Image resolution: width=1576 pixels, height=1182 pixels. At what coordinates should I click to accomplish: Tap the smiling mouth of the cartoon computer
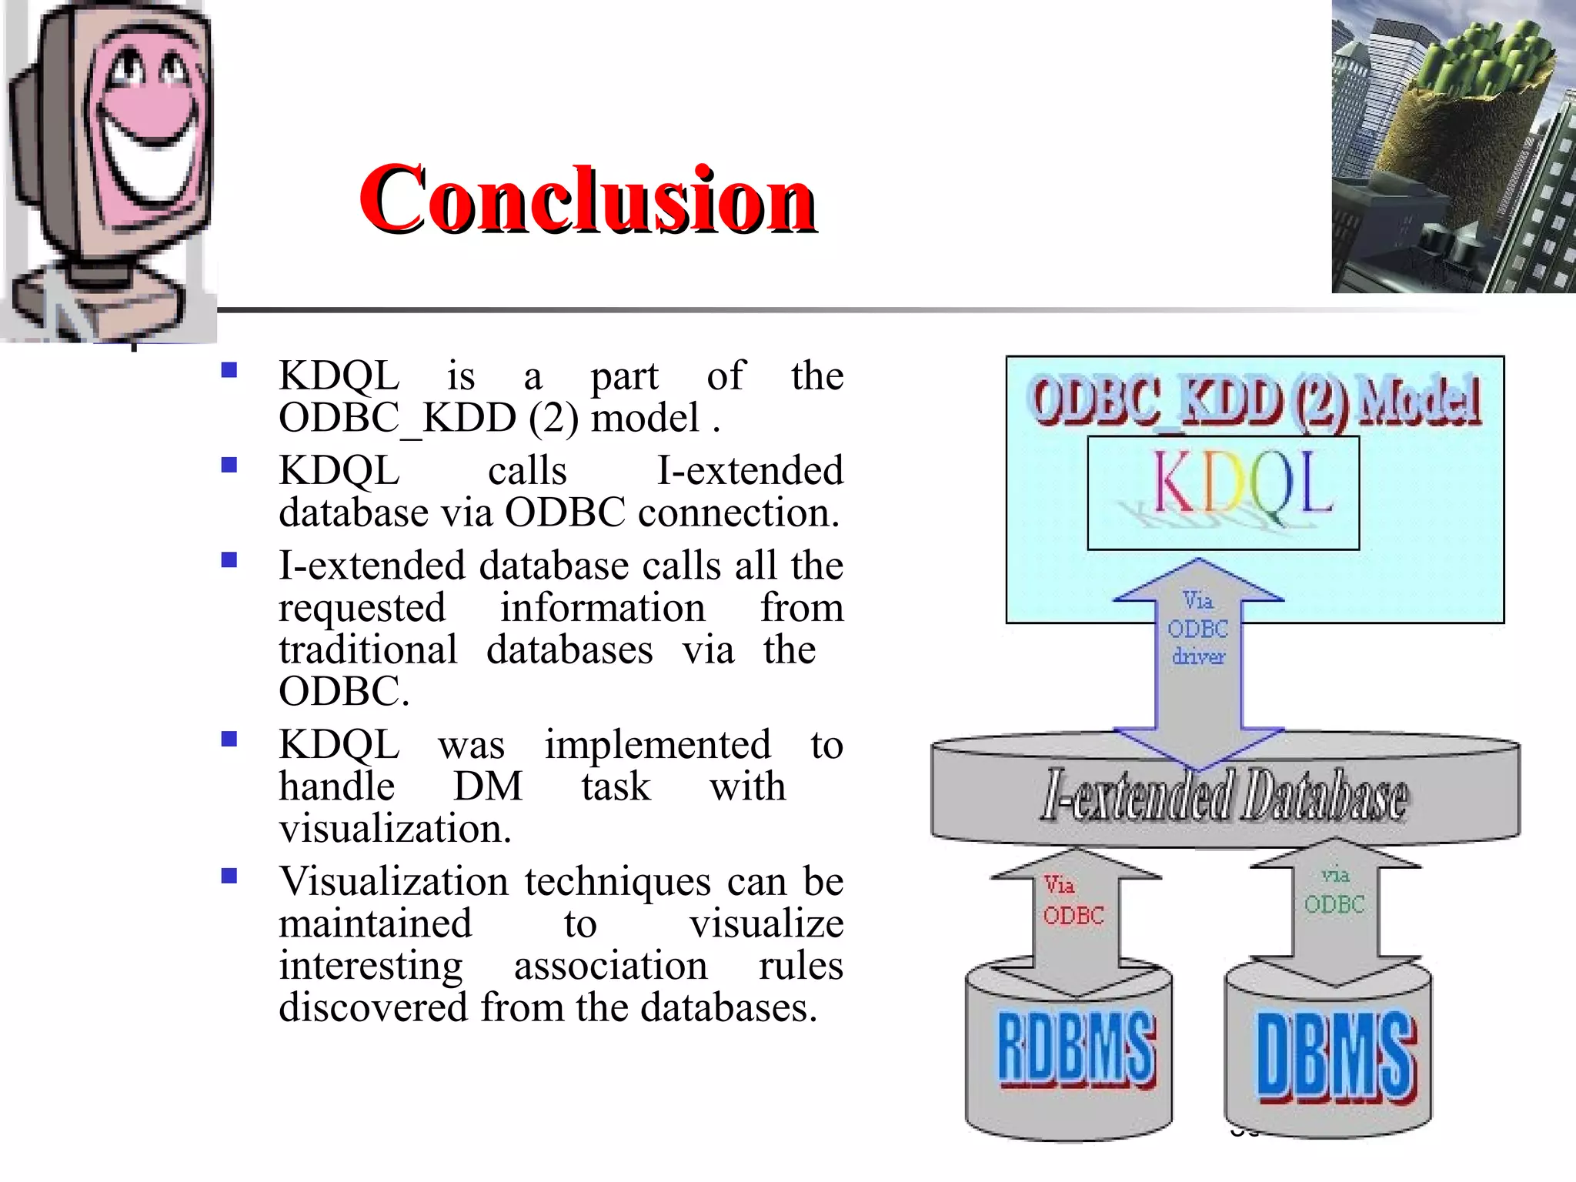[x=150, y=154]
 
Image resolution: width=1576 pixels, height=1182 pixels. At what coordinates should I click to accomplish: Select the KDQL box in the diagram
[x=1223, y=492]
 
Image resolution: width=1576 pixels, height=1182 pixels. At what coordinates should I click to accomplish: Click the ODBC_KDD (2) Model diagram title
[x=1255, y=400]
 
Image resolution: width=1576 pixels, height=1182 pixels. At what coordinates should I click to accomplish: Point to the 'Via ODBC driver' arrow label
[x=1198, y=628]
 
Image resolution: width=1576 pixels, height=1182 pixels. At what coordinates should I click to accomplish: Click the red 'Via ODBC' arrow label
[x=1073, y=900]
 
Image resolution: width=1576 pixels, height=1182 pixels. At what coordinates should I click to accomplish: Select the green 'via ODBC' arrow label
[x=1334, y=890]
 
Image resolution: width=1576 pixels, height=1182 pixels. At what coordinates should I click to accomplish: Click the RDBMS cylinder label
[x=1076, y=1049]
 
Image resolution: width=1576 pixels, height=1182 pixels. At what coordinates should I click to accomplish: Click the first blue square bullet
[x=229, y=371]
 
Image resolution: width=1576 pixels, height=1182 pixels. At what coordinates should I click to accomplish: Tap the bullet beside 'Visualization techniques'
[x=229, y=876]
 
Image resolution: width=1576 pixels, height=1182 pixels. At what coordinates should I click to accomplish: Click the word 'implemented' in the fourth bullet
[x=657, y=745]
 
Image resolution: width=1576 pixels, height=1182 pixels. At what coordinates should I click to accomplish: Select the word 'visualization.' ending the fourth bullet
[x=395, y=829]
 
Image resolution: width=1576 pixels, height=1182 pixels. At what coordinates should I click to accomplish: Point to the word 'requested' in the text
[x=362, y=608]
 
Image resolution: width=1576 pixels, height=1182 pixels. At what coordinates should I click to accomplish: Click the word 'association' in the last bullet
[x=610, y=966]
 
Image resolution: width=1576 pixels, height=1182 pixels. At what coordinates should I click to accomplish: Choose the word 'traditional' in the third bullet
[x=368, y=649]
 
